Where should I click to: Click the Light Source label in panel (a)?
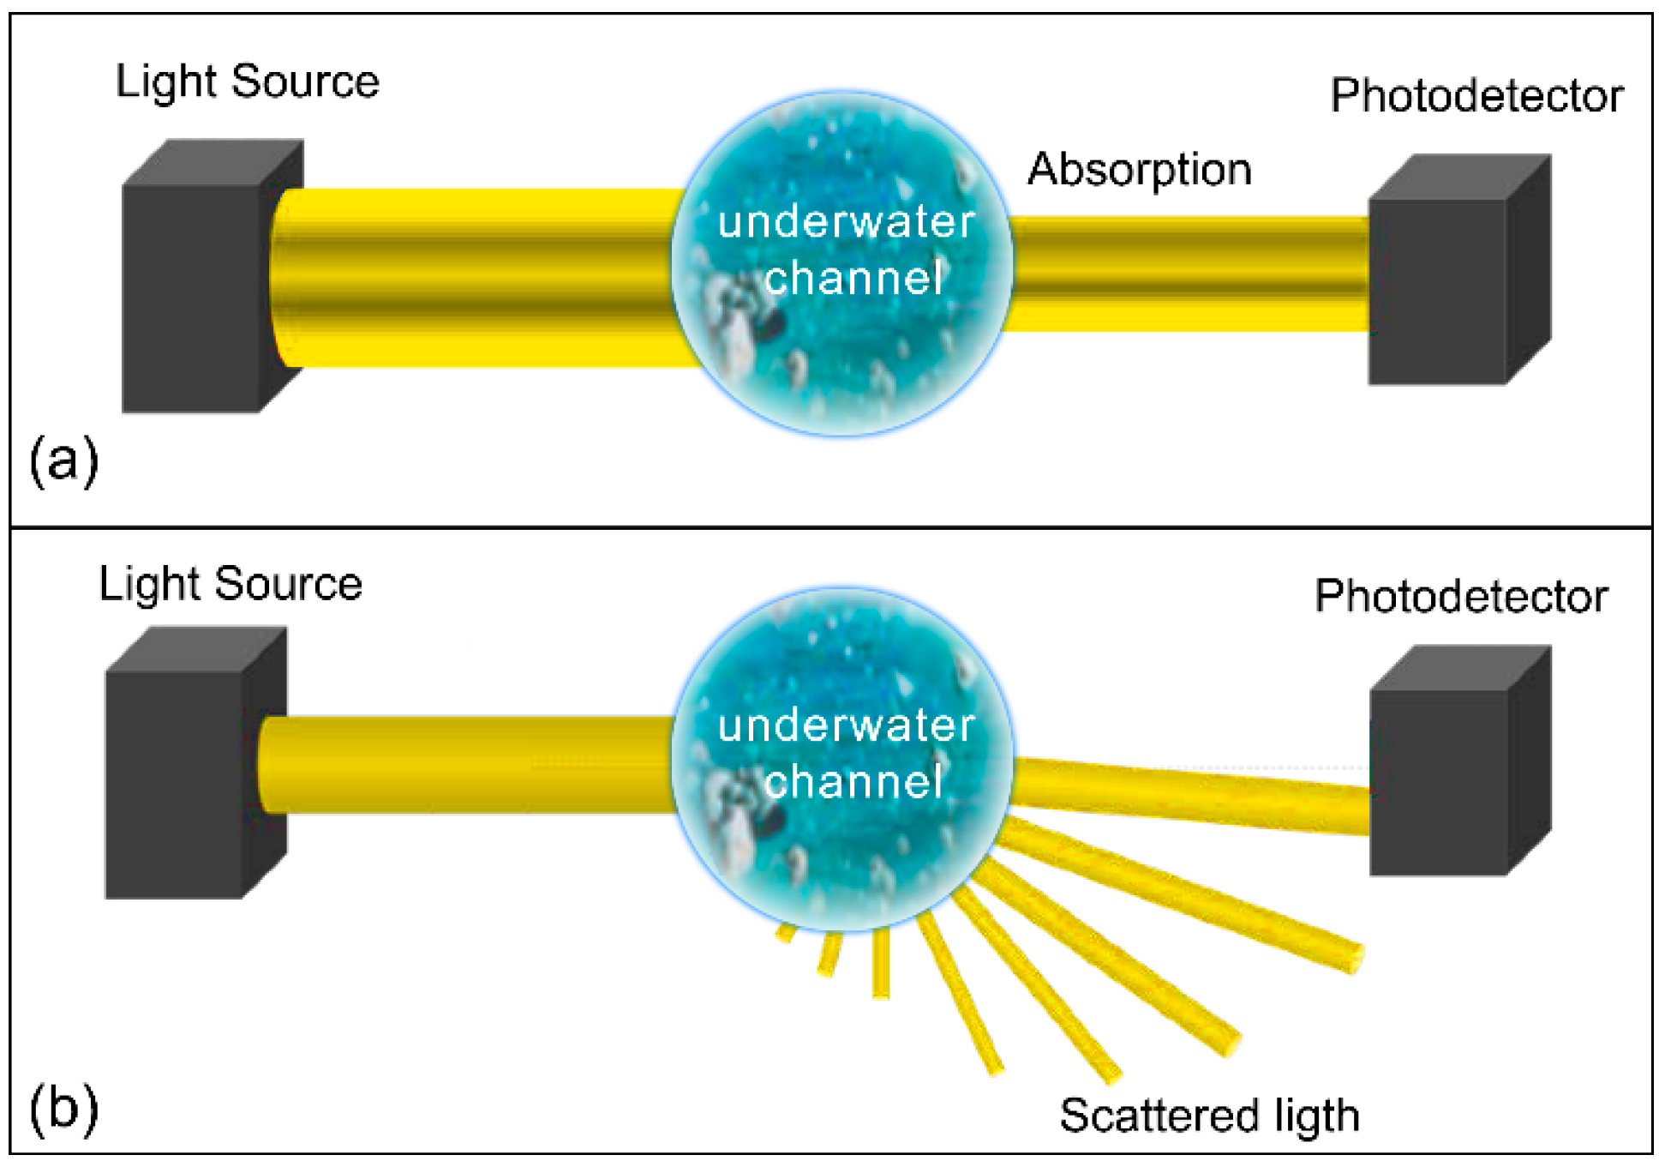(x=247, y=82)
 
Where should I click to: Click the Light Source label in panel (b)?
(x=231, y=585)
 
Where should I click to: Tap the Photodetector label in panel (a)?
(x=1476, y=95)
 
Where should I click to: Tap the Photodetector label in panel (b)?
(x=1460, y=596)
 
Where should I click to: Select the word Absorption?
(x=1139, y=170)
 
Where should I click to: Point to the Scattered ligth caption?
(x=1208, y=1116)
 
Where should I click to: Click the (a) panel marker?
(x=63, y=460)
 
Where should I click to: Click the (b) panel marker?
(x=63, y=1108)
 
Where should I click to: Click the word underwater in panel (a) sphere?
(x=846, y=222)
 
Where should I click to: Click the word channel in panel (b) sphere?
(x=853, y=782)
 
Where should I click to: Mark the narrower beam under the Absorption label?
(x=1187, y=273)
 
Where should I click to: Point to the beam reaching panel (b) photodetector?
(x=1191, y=795)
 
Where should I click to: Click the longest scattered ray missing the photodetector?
(x=1183, y=896)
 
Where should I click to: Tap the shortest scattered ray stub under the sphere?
(x=786, y=933)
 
